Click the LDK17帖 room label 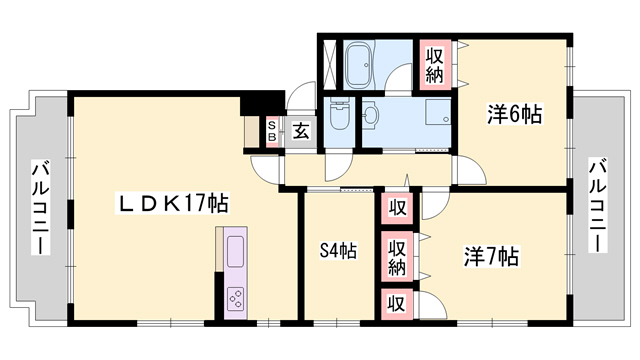(x=174, y=204)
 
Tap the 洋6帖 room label (x=515, y=115)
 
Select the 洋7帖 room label (x=491, y=257)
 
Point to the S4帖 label (x=339, y=251)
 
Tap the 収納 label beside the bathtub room (x=435, y=64)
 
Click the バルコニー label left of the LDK (x=41, y=208)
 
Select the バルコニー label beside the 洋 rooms (x=597, y=205)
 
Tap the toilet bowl (x=337, y=118)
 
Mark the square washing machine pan (x=437, y=112)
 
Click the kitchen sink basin (x=236, y=250)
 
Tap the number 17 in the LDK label (x=198, y=204)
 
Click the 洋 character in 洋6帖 (x=498, y=115)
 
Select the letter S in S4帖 (x=324, y=251)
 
